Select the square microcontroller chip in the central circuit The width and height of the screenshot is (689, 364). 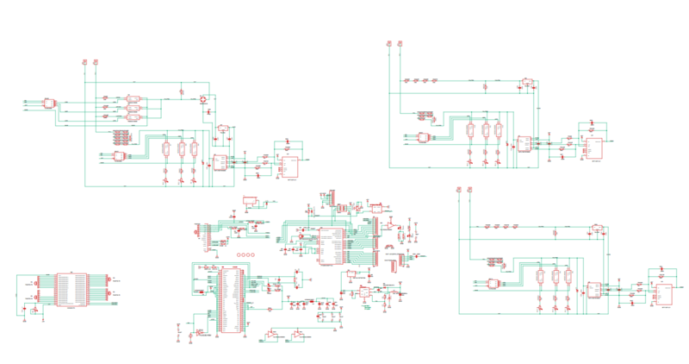[x=330, y=247]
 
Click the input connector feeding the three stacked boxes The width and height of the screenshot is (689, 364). [x=49, y=104]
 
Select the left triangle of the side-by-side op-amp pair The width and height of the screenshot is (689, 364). [x=272, y=333]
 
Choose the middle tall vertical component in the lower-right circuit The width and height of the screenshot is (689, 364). [x=556, y=277]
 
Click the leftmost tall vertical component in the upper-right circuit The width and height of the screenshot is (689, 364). [x=469, y=130]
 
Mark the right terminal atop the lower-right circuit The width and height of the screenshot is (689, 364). [x=470, y=188]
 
